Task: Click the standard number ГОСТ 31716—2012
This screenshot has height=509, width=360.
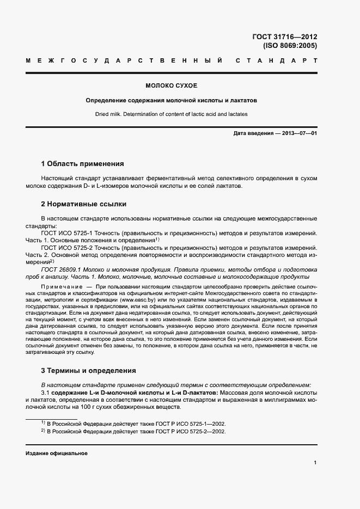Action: coord(284,37)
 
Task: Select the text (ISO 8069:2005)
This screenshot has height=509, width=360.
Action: coord(290,46)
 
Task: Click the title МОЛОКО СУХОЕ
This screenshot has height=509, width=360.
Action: coord(171,86)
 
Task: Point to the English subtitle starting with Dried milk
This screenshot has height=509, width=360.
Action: coord(171,114)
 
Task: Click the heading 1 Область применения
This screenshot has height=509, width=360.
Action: coord(82,163)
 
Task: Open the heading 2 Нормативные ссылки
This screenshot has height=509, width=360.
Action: coord(84,204)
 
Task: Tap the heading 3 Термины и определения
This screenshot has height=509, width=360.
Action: coord(88,371)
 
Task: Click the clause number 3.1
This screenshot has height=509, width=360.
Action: coord(45,393)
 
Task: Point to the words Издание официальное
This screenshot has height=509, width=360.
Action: coord(57,453)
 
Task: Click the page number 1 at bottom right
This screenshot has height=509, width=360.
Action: coord(315,463)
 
